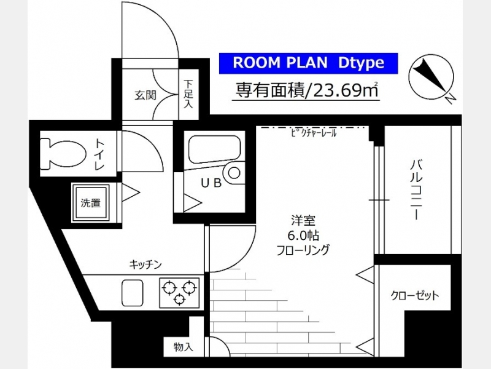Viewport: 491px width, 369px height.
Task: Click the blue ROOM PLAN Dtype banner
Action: pos(308,63)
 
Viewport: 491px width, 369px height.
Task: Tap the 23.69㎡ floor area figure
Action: pos(344,90)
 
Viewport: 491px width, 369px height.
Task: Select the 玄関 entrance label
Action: pos(145,95)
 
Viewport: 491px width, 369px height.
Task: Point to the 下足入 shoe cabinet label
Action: pos(188,94)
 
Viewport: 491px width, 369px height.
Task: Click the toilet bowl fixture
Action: pos(63,154)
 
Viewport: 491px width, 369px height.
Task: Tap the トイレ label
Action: pos(99,154)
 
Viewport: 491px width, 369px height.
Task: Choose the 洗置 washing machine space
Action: pos(91,203)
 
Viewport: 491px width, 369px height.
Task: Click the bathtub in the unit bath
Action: pos(214,149)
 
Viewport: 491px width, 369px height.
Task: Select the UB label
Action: pos(211,183)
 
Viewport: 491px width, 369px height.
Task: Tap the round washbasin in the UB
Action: pos(234,173)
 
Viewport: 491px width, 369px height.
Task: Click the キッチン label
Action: pos(145,264)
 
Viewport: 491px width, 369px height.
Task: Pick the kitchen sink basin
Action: pos(132,293)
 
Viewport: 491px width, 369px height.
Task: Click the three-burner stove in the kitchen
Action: pos(179,293)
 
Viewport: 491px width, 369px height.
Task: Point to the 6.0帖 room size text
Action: pos(303,236)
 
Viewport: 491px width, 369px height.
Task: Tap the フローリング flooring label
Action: pos(303,250)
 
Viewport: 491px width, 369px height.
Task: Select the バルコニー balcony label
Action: pos(416,190)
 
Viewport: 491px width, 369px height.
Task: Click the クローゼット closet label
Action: pos(415,295)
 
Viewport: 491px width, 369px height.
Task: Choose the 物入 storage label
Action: pos(184,347)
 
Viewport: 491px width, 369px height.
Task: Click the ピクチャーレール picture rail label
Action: pos(314,133)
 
